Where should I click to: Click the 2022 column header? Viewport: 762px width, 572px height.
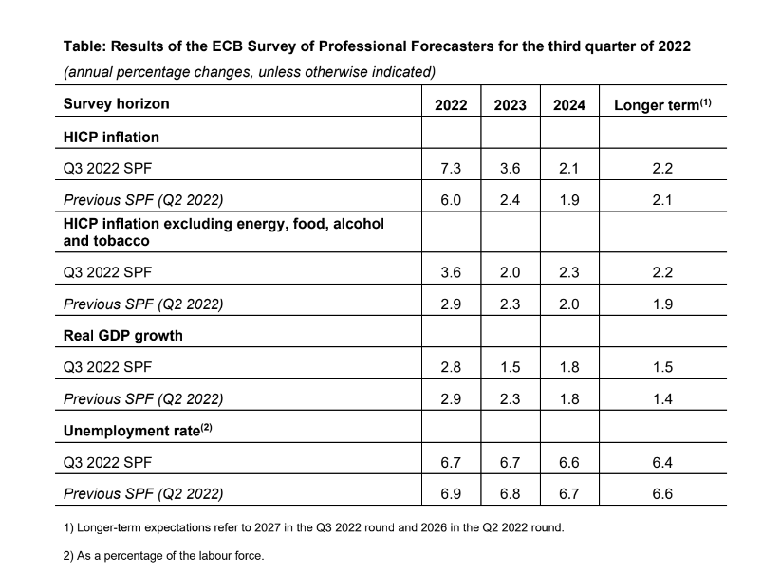click(x=451, y=105)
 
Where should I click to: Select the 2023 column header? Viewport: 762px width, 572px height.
click(x=511, y=105)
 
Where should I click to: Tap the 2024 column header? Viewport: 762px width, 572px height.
click(x=569, y=105)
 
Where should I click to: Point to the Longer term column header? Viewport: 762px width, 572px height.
click(x=662, y=105)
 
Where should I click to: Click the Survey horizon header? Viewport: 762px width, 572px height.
click(x=116, y=103)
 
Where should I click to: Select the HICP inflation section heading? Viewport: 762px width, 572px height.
click(x=111, y=137)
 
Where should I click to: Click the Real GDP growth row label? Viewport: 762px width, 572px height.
click(x=122, y=335)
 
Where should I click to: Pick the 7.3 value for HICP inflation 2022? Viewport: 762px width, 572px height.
click(x=451, y=168)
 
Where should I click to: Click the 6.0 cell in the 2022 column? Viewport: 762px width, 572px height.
click(x=451, y=200)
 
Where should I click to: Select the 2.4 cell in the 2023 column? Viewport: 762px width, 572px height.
click(x=511, y=200)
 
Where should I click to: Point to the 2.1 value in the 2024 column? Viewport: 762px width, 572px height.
click(x=569, y=168)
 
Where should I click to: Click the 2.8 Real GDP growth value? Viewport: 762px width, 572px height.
click(x=451, y=367)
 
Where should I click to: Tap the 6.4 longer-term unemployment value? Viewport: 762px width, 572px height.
click(x=662, y=463)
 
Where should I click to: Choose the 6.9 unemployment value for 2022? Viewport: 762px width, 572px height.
click(x=451, y=494)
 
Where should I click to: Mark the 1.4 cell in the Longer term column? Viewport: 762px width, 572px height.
click(x=662, y=399)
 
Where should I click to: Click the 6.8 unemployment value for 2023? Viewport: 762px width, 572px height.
click(x=511, y=494)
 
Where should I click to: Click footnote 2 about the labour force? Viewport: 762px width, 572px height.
click(x=163, y=556)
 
